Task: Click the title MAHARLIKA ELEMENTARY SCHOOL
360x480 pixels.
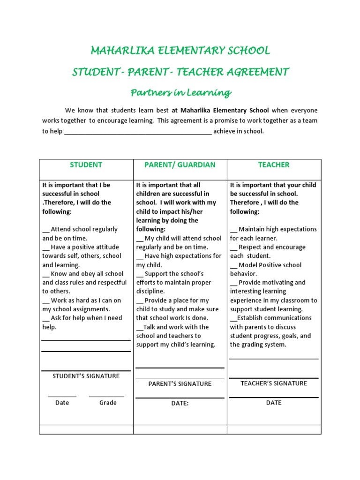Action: pyautogui.click(x=180, y=50)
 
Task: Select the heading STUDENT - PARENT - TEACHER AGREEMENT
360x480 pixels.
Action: pyautogui.click(x=180, y=72)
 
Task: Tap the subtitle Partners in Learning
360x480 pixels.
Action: pyautogui.click(x=180, y=92)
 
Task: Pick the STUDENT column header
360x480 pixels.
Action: pyautogui.click(x=86, y=165)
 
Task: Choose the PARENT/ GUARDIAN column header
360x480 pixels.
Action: pyautogui.click(x=180, y=165)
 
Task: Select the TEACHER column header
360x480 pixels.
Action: pyautogui.click(x=274, y=165)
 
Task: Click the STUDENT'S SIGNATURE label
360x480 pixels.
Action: pyautogui.click(x=86, y=376)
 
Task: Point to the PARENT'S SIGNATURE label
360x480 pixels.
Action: pyautogui.click(x=180, y=384)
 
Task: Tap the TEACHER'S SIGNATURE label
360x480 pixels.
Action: pyautogui.click(x=274, y=383)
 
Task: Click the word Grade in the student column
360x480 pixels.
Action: pyautogui.click(x=108, y=403)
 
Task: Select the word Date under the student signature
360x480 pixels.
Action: pyautogui.click(x=62, y=403)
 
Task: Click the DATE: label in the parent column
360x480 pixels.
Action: pyautogui.click(x=180, y=403)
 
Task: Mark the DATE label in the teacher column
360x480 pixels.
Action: pyautogui.click(x=274, y=403)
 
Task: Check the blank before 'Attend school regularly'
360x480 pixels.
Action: pyautogui.click(x=45, y=230)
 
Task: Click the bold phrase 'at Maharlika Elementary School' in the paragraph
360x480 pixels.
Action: pyautogui.click(x=220, y=111)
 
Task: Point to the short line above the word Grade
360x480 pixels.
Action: pyautogui.click(x=106, y=397)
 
